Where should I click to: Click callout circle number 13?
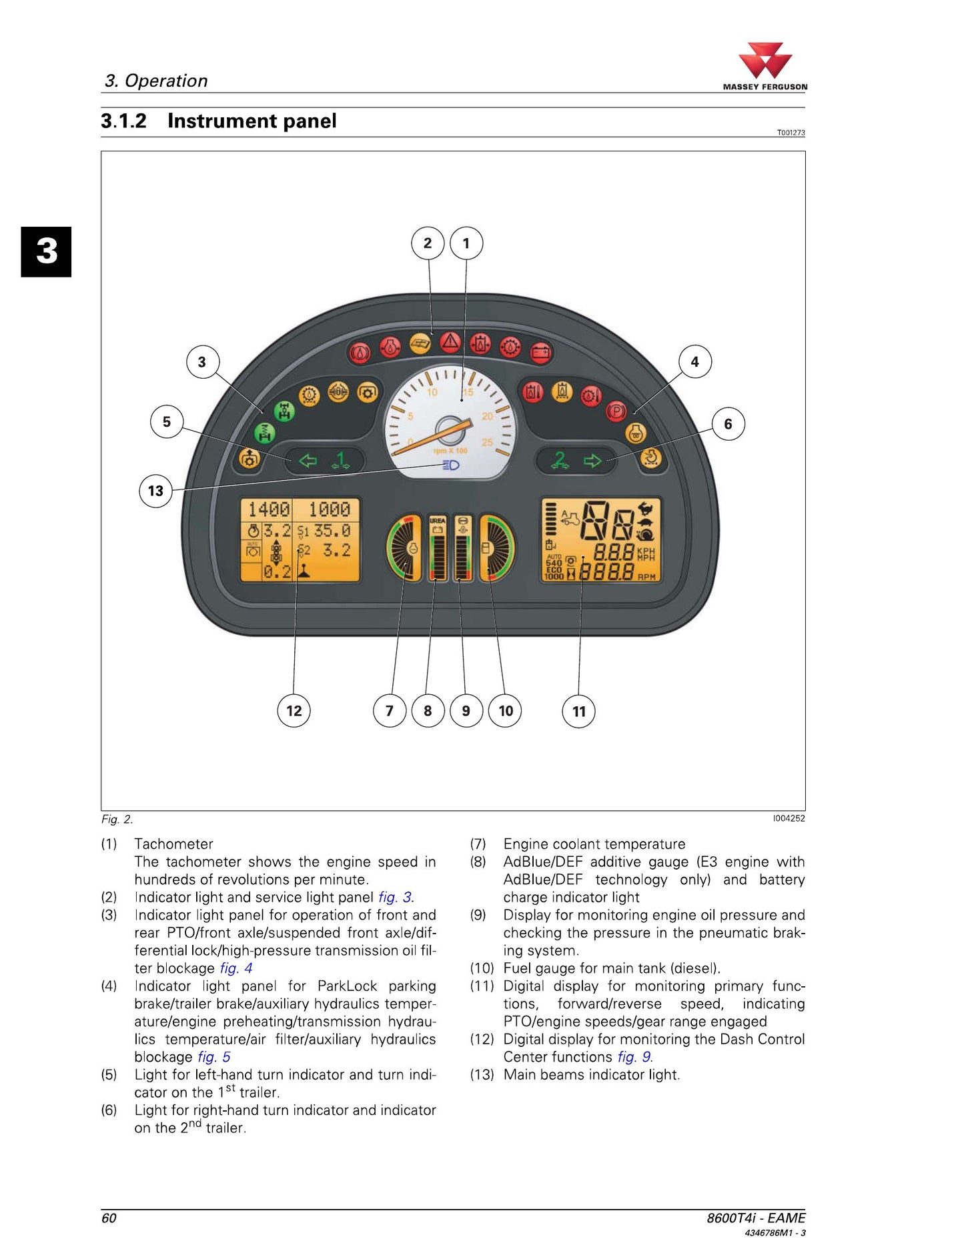tap(155, 491)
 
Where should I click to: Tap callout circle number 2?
tap(428, 243)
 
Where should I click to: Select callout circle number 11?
tap(579, 711)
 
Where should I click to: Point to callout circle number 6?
tap(728, 423)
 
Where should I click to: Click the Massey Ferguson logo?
tap(765, 66)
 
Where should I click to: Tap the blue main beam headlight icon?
tap(451, 465)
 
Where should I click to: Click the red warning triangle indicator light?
tap(451, 343)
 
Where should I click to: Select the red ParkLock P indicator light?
tap(616, 411)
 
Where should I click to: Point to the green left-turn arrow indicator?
tap(308, 461)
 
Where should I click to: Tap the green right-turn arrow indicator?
tap(592, 461)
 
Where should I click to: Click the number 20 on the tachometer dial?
tap(488, 416)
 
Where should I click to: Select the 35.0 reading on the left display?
tap(332, 531)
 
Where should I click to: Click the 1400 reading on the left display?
tap(269, 510)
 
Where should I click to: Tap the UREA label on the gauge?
tap(438, 520)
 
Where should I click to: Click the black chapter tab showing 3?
tap(46, 251)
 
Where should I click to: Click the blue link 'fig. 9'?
tap(634, 1057)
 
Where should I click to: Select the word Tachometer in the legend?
tap(173, 844)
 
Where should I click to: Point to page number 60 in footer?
tap(109, 1218)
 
